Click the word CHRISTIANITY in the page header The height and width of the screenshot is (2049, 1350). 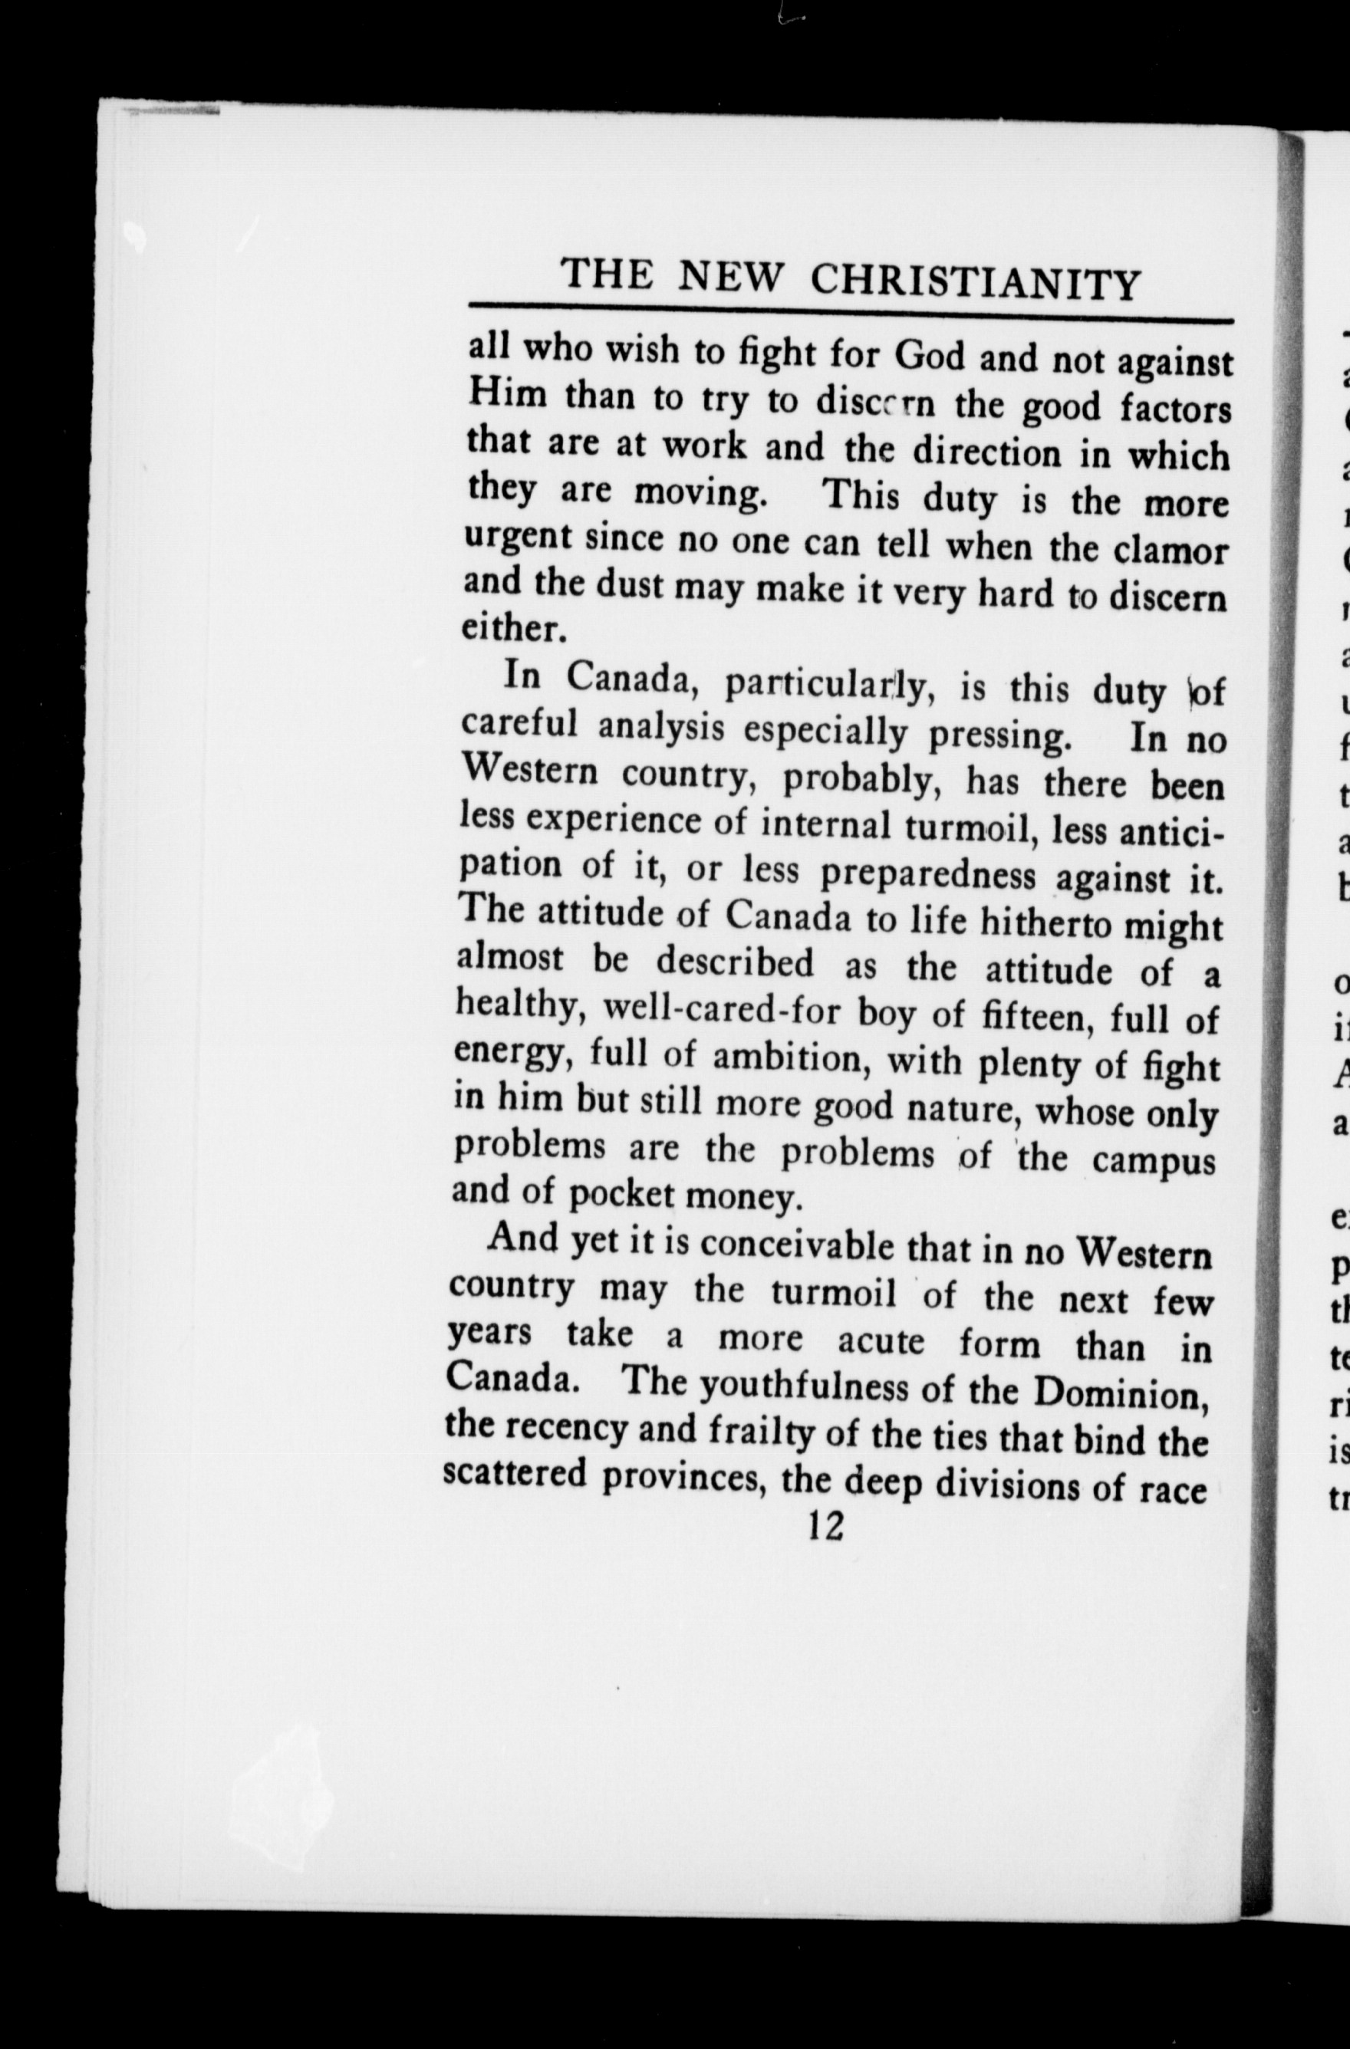(x=976, y=281)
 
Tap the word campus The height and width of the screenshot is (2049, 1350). (x=1154, y=1159)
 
